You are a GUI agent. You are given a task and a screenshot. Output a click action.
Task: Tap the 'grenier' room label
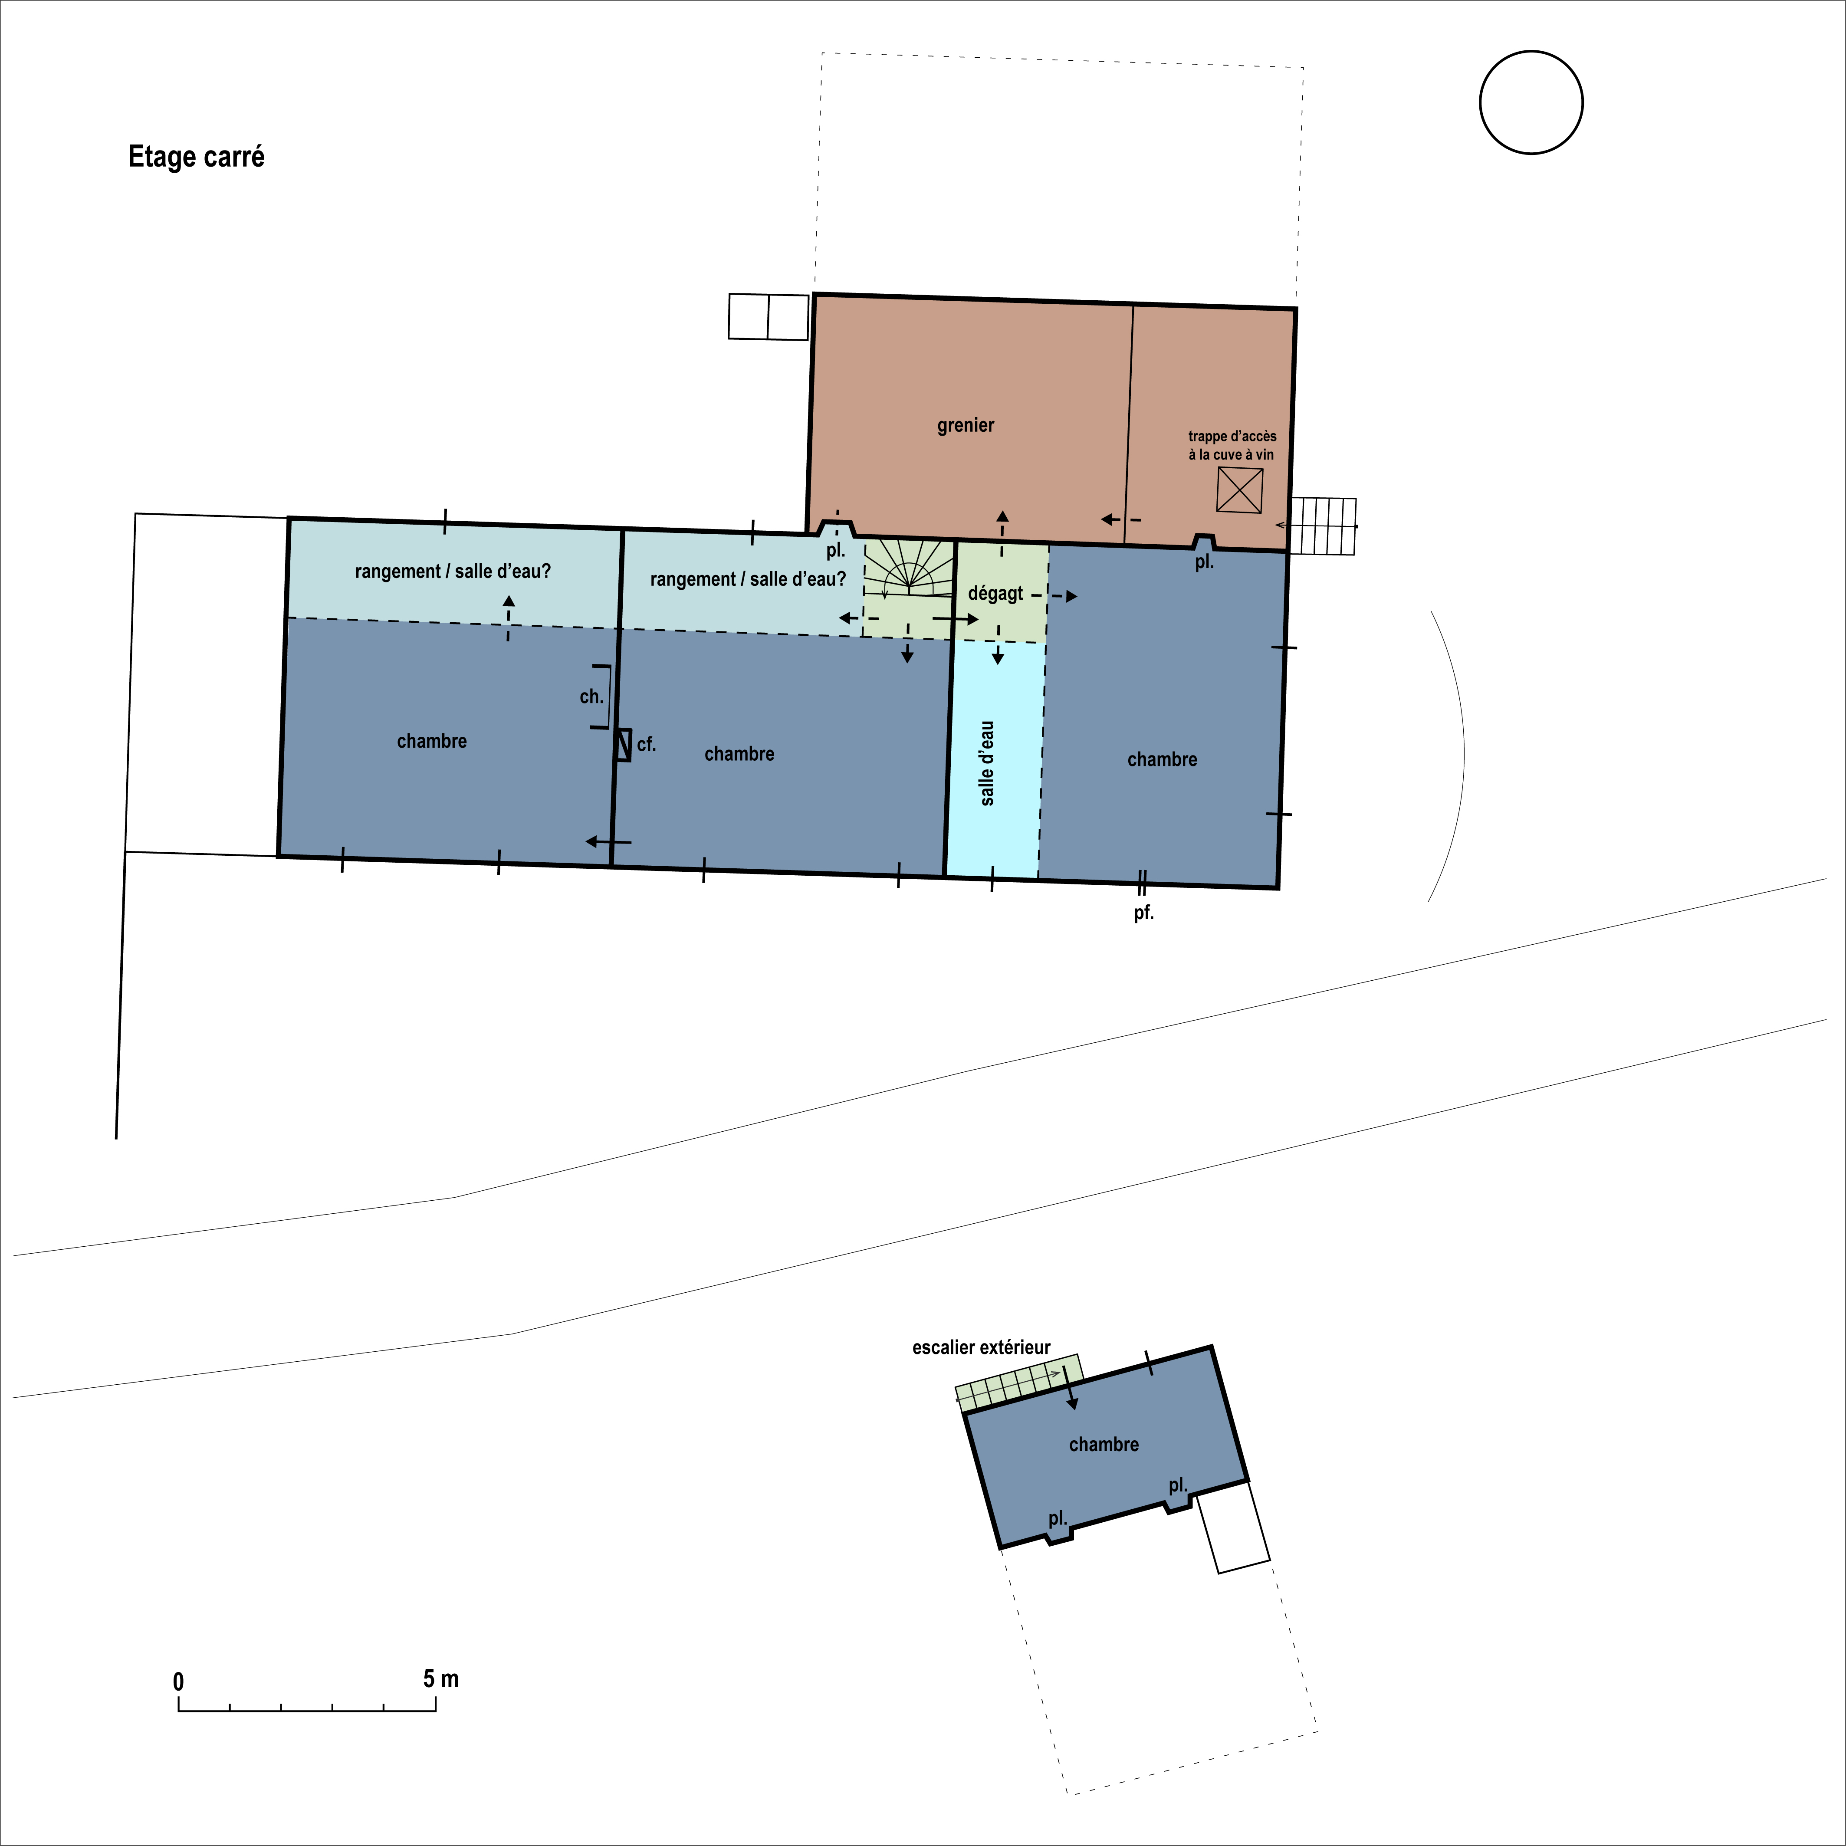click(965, 425)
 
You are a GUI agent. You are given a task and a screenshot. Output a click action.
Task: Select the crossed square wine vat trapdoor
click(1239, 490)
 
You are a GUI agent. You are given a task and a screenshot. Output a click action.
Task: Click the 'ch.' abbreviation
click(591, 696)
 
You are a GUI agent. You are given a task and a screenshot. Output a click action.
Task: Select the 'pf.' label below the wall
click(1144, 913)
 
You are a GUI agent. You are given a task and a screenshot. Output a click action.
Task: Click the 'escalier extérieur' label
click(981, 1347)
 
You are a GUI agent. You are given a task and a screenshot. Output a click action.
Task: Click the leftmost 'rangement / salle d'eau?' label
click(453, 572)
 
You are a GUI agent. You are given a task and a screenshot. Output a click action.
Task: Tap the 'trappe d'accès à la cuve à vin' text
click(1232, 445)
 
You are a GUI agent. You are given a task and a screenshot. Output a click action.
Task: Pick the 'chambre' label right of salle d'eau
click(1162, 759)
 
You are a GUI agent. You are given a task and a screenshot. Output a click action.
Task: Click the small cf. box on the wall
click(623, 744)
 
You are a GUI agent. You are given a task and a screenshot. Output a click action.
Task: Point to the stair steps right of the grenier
click(1322, 526)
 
